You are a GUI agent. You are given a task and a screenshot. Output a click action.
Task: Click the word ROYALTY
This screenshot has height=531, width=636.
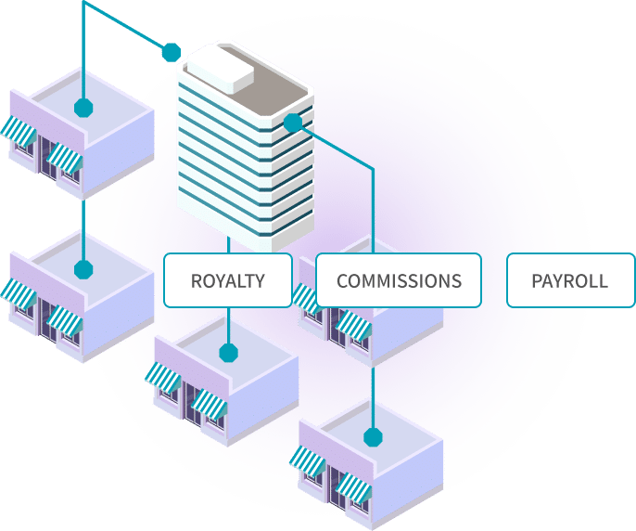tap(227, 280)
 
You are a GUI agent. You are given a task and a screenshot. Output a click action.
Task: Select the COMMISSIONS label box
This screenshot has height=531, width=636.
tap(399, 280)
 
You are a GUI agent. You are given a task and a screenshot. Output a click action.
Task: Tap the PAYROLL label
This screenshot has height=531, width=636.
tap(569, 280)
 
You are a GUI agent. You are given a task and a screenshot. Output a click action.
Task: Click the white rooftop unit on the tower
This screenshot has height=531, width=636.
tap(222, 68)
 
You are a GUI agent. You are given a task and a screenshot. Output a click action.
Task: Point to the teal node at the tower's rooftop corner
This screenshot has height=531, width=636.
tap(171, 52)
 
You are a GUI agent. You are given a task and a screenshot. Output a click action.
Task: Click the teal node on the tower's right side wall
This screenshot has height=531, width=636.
tap(293, 123)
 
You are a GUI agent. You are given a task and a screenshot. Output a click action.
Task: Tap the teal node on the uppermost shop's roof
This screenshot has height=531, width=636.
tap(83, 107)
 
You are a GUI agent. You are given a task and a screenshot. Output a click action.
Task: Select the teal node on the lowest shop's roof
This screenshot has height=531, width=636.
tap(373, 436)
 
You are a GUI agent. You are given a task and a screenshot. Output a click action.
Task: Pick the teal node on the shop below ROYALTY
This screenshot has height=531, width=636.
tap(228, 353)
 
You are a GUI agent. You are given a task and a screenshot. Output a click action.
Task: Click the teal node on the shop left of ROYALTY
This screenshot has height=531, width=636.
tap(83, 270)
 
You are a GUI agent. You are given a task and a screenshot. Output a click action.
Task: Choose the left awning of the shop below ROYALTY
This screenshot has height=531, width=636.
tap(162, 377)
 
